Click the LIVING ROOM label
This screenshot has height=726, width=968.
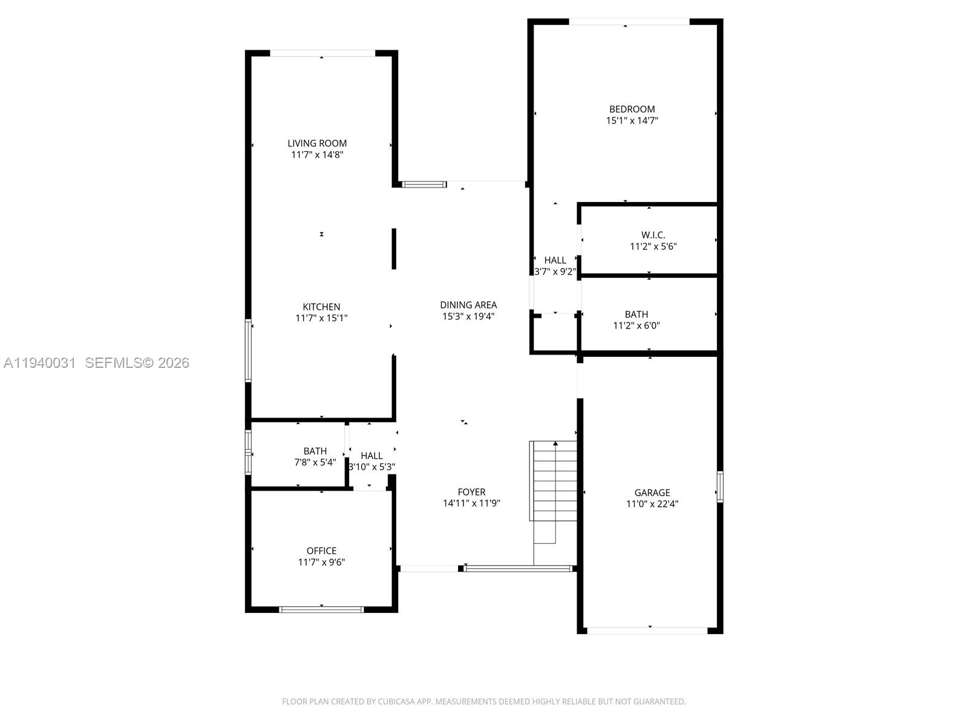click(x=317, y=143)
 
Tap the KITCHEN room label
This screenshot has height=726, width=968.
click(x=321, y=307)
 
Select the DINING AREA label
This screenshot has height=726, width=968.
click(x=468, y=305)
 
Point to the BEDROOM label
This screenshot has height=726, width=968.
click(x=632, y=109)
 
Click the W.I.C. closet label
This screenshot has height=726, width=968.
click(x=653, y=235)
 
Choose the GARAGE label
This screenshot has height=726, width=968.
click(x=652, y=492)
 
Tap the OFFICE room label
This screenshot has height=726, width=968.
click(x=321, y=551)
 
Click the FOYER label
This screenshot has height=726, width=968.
click(x=471, y=492)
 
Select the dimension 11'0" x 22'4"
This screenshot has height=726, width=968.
click(x=652, y=503)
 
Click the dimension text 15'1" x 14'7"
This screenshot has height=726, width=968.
click(x=632, y=120)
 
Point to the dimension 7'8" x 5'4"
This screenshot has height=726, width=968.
click(x=315, y=462)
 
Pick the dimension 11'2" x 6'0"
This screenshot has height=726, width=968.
click(x=636, y=325)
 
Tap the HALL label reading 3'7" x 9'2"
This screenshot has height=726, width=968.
click(x=555, y=261)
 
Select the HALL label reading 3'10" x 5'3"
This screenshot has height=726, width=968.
click(x=371, y=456)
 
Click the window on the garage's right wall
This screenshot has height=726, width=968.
click(x=720, y=486)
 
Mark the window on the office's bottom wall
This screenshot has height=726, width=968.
click(x=321, y=609)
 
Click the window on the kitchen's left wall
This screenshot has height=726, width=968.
click(x=248, y=351)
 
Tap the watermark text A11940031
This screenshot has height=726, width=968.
click(x=40, y=363)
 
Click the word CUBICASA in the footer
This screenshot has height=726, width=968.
click(x=396, y=702)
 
